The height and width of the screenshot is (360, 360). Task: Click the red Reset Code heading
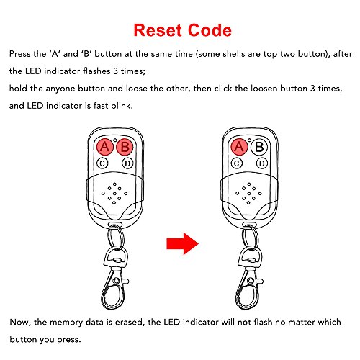pos(182,30)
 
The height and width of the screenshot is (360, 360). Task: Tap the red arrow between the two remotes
pos(182,243)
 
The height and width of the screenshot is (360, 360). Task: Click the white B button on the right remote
pos(259,147)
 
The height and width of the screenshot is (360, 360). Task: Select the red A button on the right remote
pos(239,147)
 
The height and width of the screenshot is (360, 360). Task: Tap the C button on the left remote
pos(102,163)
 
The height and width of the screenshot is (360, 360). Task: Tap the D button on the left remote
pos(127,163)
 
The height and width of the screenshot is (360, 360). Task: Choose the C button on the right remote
pos(237,163)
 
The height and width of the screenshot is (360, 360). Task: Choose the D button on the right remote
pos(262,163)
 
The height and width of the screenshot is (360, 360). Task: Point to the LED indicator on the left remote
pos(115,140)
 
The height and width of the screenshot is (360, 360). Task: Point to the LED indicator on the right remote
pos(249,140)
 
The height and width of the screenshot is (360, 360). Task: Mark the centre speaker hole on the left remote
pos(114,194)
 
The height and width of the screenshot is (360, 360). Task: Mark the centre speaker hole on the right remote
pos(248,194)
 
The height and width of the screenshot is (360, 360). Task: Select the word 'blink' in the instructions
pos(122,106)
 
